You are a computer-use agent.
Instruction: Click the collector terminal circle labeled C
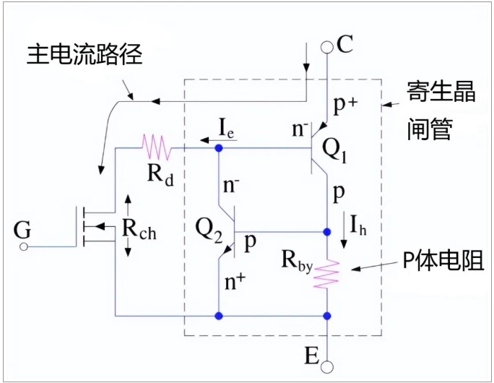click(x=327, y=47)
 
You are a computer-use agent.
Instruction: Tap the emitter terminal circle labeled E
click(x=327, y=366)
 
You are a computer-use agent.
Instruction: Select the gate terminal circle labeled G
click(x=23, y=247)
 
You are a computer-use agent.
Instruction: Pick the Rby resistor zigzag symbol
click(x=327, y=274)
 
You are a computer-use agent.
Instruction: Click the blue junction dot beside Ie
click(x=219, y=147)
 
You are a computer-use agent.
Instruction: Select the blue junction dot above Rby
click(x=327, y=233)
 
